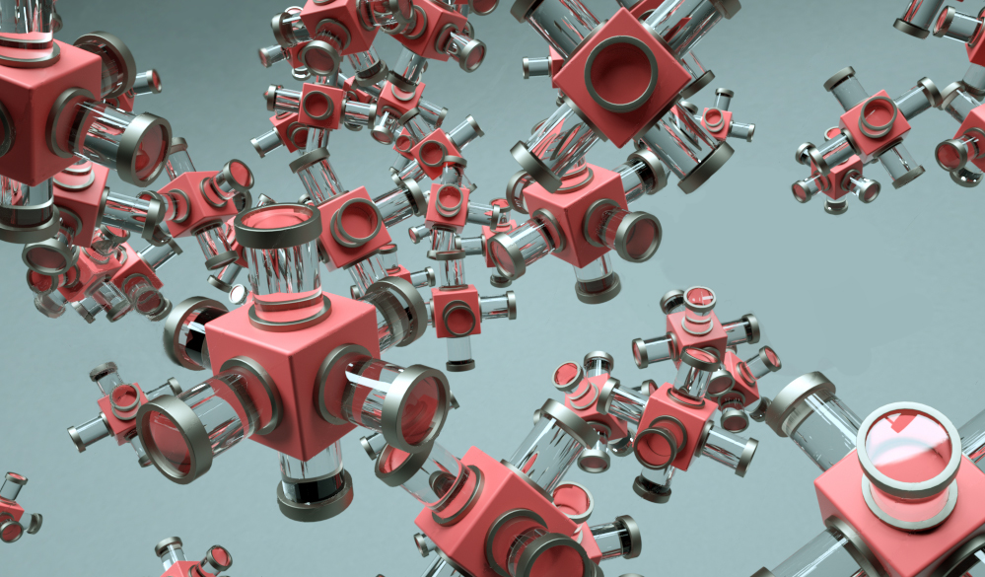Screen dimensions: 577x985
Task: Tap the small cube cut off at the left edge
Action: pos(10,513)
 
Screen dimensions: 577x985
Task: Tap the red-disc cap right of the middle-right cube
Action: pos(637,237)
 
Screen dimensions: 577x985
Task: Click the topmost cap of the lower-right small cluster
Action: pos(699,299)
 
